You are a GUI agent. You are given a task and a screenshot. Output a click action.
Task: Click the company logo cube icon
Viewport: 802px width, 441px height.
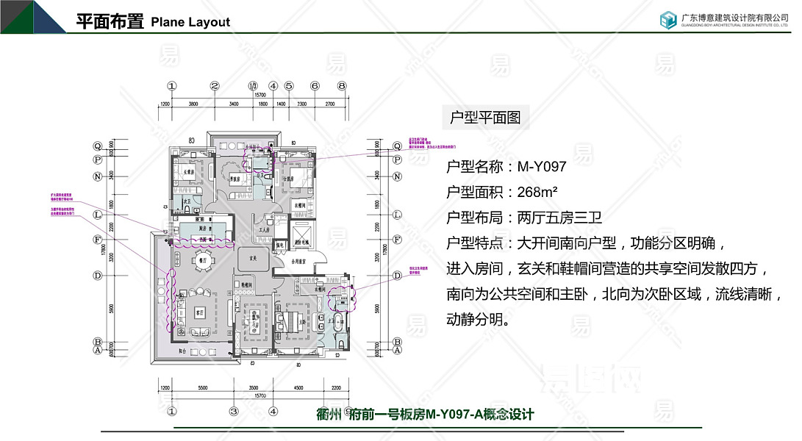click(x=667, y=20)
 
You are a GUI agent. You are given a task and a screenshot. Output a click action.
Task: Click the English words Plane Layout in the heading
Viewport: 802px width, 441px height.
click(x=190, y=22)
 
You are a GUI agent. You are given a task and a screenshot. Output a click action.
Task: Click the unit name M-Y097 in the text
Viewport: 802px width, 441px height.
click(x=542, y=166)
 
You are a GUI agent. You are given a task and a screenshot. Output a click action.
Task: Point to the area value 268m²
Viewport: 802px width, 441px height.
click(x=537, y=192)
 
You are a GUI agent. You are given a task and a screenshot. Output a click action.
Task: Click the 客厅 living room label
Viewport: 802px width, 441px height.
click(x=198, y=312)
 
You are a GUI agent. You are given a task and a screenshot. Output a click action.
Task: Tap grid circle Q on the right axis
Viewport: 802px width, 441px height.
click(x=397, y=146)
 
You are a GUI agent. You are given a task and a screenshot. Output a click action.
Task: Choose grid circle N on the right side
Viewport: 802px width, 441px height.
click(x=397, y=176)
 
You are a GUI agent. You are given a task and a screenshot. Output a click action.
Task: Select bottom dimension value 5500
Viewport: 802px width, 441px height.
click(x=196, y=387)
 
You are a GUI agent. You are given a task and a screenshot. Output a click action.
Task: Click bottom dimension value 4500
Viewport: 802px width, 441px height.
click(x=298, y=387)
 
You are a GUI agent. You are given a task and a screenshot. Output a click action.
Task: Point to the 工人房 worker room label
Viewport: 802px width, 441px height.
click(x=265, y=230)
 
